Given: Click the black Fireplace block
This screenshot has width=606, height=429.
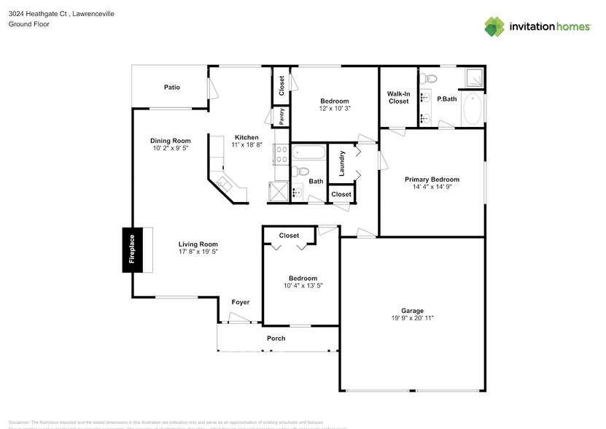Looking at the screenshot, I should point(132,249).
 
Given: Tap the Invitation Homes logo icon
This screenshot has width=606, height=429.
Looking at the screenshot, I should point(495,26).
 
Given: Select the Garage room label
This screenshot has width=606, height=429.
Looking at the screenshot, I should point(412,310).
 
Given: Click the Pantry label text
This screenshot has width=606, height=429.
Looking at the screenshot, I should point(281,116).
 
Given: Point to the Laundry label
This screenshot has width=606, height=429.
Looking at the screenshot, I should point(341,163).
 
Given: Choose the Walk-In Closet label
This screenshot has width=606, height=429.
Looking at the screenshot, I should point(398,97).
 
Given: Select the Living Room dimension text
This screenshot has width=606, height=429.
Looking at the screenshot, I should point(198,252).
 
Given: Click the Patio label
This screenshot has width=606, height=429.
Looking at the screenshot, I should point(171,87).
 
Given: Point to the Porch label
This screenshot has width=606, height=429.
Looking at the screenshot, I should point(276,338).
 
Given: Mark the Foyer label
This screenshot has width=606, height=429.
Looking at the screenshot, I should point(241,302).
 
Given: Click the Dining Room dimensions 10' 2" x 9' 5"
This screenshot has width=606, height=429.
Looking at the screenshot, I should point(171,148).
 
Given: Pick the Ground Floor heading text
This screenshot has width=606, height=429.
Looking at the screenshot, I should point(29,24).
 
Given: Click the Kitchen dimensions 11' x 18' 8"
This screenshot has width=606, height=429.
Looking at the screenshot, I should point(246,144).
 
